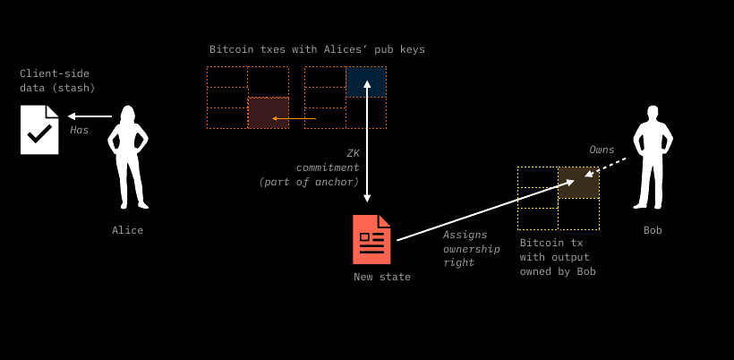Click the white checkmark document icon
[39, 130]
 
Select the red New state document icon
[371, 239]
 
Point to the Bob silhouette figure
[653, 158]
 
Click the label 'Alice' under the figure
[127, 230]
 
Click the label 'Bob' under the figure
[653, 230]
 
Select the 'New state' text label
[382, 277]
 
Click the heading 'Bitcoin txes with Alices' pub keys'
[317, 49]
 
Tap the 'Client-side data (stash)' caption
[57, 81]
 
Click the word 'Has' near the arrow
[80, 130]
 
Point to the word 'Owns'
[602, 150]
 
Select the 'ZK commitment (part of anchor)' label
[310, 167]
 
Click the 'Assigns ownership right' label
[472, 248]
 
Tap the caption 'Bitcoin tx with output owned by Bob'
[558, 257]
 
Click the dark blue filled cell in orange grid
[366, 81]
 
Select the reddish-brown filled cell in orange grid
[269, 113]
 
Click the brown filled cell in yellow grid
[578, 182]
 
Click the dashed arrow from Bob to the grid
[606, 167]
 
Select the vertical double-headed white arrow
[367, 141]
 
